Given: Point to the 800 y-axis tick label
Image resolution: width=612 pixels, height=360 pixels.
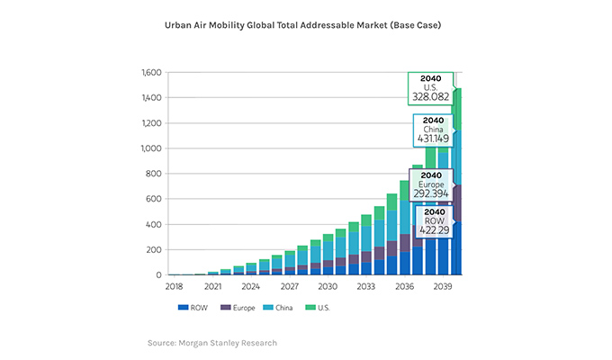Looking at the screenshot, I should [x=152, y=174].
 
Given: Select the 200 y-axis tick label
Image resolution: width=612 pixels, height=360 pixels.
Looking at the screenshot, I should [x=152, y=250].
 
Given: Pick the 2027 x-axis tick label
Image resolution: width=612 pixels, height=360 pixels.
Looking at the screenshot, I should [x=289, y=287].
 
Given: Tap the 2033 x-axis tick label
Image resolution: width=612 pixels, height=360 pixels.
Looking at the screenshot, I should [x=366, y=287].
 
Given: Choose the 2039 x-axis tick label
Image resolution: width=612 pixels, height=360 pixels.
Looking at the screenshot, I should [x=444, y=287].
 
